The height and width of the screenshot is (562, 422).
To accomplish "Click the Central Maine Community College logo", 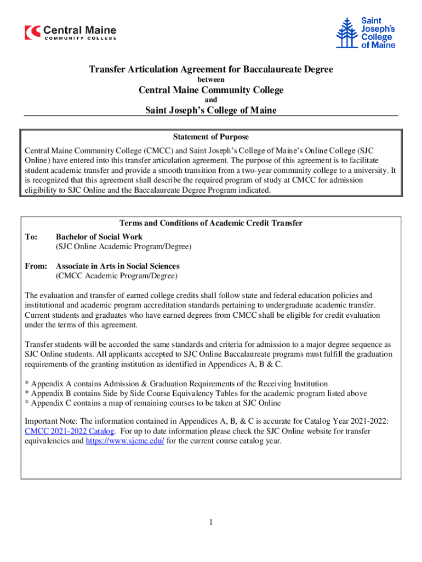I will click(70, 32).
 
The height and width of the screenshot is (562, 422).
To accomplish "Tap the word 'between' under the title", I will click(211, 80).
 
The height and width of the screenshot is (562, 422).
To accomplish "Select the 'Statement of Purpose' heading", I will click(210, 137).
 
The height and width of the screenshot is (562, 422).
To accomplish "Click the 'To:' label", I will click(32, 237).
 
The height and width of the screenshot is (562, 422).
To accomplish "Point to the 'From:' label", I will click(36, 266).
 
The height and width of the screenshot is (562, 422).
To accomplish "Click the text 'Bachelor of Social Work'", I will click(99, 237).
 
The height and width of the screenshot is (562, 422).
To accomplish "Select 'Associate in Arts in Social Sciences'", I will click(117, 266).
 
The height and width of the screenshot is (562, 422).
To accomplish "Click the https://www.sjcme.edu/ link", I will click(125, 441).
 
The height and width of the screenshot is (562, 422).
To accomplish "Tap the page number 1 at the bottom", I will click(210, 522).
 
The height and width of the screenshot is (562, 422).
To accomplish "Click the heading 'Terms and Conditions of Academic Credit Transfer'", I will click(211, 223).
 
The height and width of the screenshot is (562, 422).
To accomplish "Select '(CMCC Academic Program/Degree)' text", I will click(117, 276).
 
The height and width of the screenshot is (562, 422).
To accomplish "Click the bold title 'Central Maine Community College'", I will click(211, 90).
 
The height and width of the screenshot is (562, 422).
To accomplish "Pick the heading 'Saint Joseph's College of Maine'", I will click(211, 110).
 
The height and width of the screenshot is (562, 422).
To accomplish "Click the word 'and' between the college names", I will click(211, 100).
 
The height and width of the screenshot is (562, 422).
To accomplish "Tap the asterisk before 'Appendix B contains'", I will click(27, 394).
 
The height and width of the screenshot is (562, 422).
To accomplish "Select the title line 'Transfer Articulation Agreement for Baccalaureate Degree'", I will click(211, 70).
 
